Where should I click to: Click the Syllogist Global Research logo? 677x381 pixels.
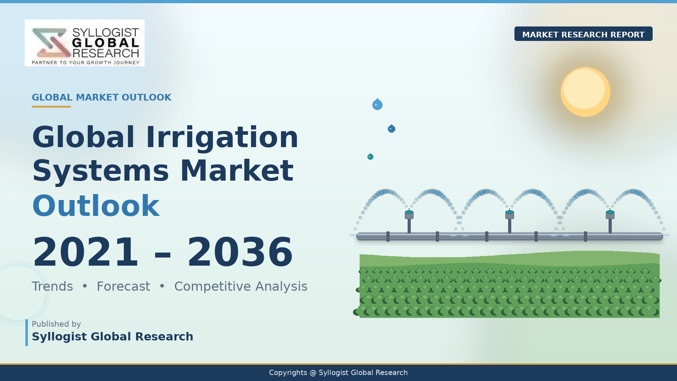tap(85, 43)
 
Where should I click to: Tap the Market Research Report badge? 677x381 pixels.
tap(583, 34)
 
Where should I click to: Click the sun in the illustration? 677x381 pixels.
tap(585, 92)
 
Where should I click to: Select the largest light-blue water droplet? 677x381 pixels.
tap(377, 104)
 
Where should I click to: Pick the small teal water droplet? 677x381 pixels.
tap(370, 157)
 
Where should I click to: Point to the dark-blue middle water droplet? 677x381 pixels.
tap(391, 129)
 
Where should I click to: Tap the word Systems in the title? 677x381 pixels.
tap(101, 171)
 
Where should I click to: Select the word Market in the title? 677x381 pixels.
tap(237, 171)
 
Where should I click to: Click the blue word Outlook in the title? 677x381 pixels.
tap(96, 206)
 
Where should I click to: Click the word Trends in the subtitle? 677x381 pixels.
tap(53, 286)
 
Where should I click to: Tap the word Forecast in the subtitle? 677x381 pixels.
tap(123, 286)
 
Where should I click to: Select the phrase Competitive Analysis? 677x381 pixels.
tap(241, 287)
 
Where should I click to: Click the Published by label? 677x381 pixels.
tap(56, 324)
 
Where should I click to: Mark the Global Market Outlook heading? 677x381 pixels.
tap(102, 97)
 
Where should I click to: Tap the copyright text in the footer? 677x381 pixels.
tap(338, 373)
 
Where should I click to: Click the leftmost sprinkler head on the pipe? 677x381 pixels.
tap(409, 214)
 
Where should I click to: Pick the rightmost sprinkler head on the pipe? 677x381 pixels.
tap(610, 214)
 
